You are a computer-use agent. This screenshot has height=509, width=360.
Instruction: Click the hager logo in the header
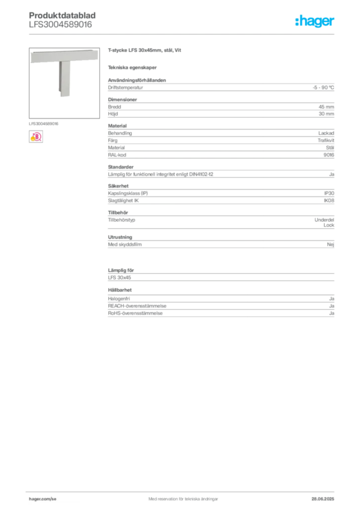[314, 21]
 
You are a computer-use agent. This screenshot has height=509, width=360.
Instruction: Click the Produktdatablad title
[62, 15]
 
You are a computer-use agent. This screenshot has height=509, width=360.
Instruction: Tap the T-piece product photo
[64, 83]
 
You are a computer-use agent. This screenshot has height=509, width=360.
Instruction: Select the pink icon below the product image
[36, 137]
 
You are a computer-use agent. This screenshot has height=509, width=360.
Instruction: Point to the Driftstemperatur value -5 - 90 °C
[323, 87]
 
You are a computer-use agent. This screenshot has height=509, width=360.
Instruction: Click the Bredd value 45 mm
[326, 107]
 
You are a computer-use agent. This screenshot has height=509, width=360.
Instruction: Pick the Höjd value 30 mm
[326, 114]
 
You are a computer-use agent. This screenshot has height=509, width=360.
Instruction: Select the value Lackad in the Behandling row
[326, 133]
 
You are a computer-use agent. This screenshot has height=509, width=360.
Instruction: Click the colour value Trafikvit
[326, 141]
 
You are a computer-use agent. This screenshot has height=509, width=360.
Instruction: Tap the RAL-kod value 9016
[329, 155]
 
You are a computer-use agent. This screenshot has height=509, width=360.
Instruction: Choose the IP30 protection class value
[329, 193]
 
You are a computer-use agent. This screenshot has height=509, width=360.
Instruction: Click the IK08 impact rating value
[329, 201]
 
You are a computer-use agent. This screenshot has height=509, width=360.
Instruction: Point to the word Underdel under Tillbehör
[324, 220]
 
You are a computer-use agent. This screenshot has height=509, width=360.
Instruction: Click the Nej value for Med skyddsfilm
[331, 245]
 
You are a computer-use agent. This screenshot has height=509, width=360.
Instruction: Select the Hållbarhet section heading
[120, 290]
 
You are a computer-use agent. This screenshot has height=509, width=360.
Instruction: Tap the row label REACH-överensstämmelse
[137, 306]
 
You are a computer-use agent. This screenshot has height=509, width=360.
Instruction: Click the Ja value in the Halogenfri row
[332, 299]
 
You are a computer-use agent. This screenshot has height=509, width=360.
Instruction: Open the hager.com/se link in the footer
[43, 499]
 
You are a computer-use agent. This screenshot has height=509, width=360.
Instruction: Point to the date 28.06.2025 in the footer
[323, 499]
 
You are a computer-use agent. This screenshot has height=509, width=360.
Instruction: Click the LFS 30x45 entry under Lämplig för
[119, 277]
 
